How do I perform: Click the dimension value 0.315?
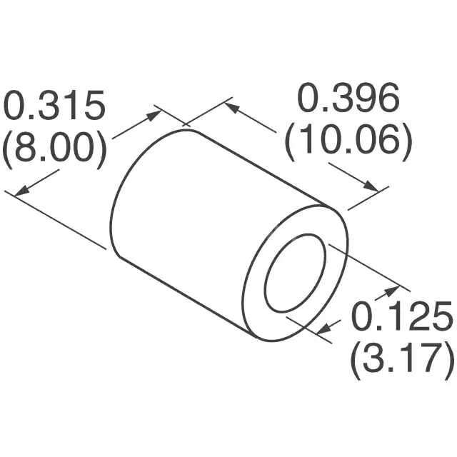point(55,108)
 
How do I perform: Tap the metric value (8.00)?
point(55,149)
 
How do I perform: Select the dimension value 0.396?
point(348,100)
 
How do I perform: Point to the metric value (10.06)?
point(348,142)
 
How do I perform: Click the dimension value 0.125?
point(401,317)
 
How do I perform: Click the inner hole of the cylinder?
point(296,272)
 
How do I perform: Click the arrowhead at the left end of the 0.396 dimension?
point(230,107)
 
